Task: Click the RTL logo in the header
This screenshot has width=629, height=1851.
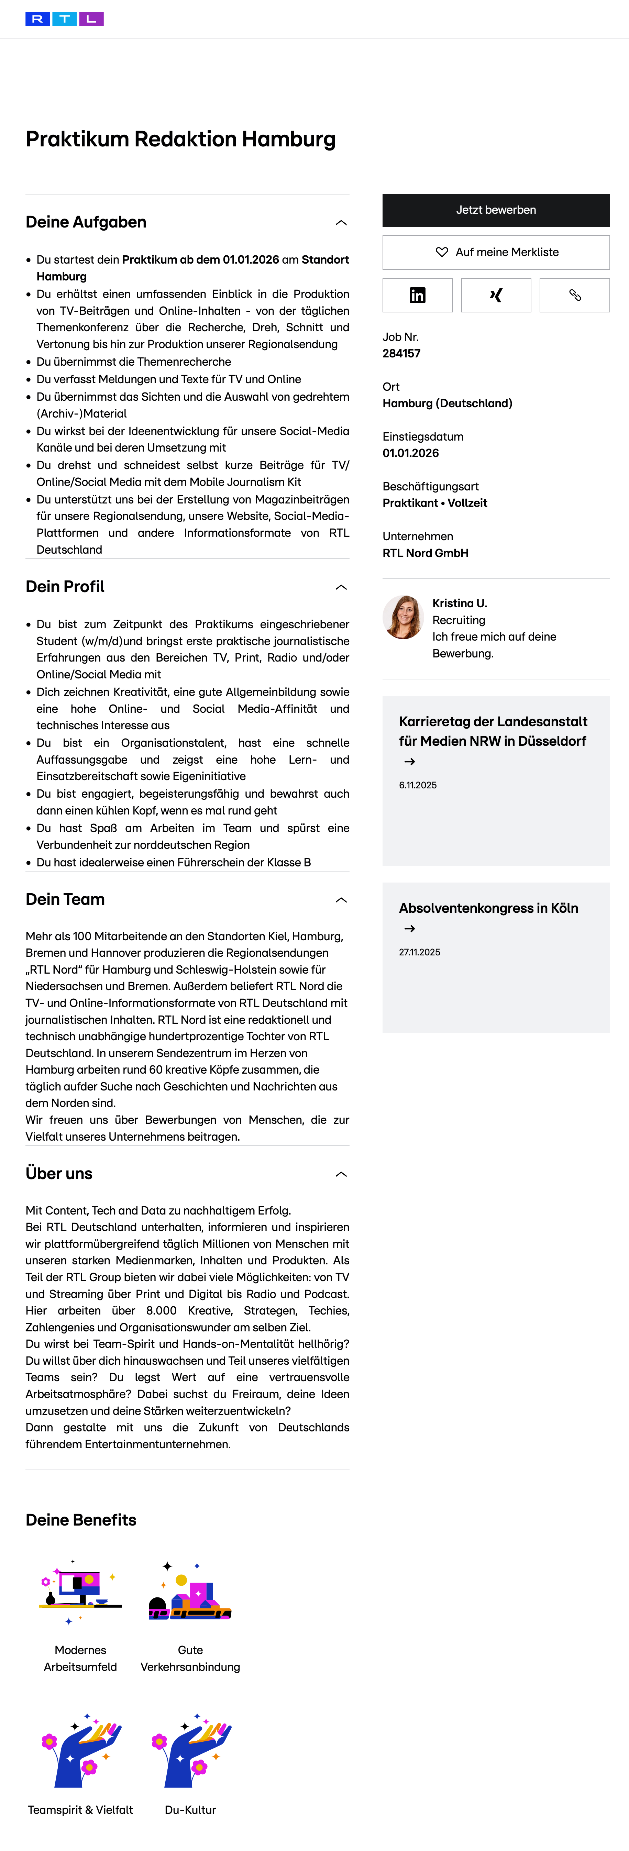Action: click(x=64, y=19)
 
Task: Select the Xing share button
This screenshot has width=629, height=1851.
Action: click(x=496, y=295)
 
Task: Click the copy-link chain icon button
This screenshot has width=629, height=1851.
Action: click(x=574, y=295)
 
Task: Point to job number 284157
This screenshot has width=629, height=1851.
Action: click(x=401, y=354)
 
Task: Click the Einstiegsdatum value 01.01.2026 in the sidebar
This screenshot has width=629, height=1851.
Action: click(x=410, y=453)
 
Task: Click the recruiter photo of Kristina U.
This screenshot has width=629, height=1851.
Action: click(x=403, y=617)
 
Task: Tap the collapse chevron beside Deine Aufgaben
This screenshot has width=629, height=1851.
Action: click(x=341, y=223)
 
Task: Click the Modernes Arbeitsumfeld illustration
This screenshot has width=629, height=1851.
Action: click(x=80, y=1592)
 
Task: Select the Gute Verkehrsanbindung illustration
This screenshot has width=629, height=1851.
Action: click(x=190, y=1592)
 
